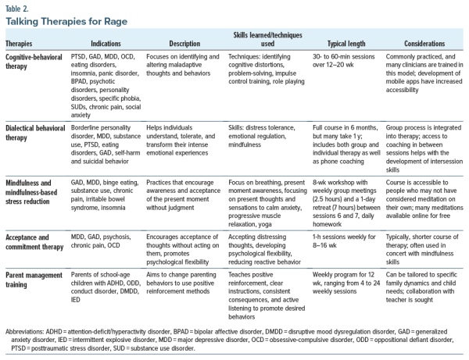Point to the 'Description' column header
click(x=185, y=44)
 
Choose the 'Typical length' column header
click(x=340, y=44)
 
